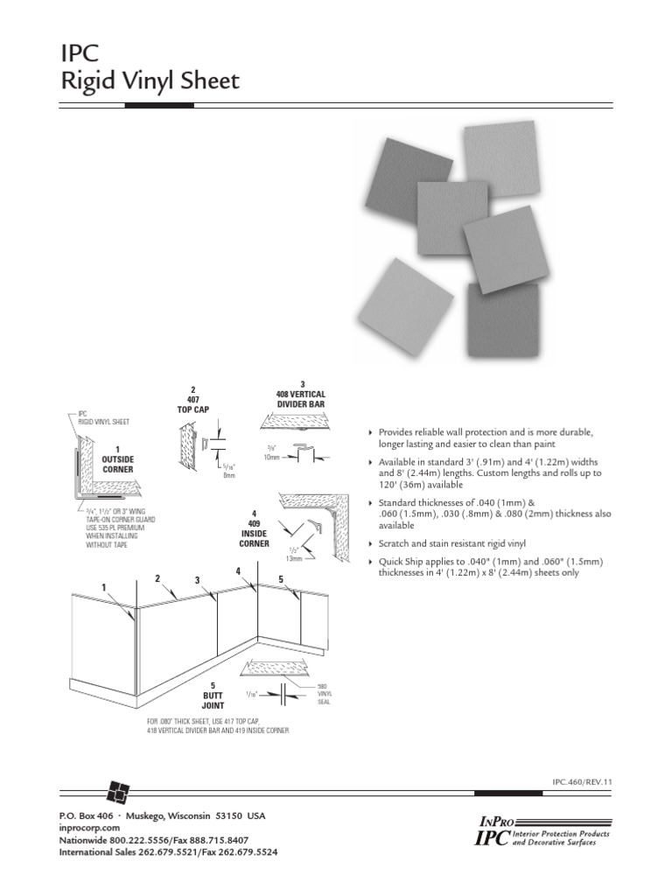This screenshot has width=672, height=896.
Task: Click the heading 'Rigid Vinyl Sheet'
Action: pos(150,82)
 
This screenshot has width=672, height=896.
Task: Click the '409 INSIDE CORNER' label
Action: pos(254,528)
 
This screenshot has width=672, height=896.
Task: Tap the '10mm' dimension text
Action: pos(271,458)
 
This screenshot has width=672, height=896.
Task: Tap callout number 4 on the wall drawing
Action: pos(237,570)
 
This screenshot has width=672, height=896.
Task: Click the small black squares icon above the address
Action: pos(117,791)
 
